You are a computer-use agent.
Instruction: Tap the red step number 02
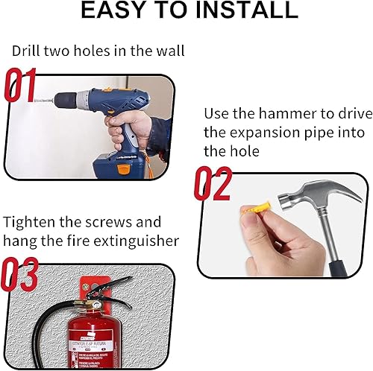pyautogui.click(x=213, y=184)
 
